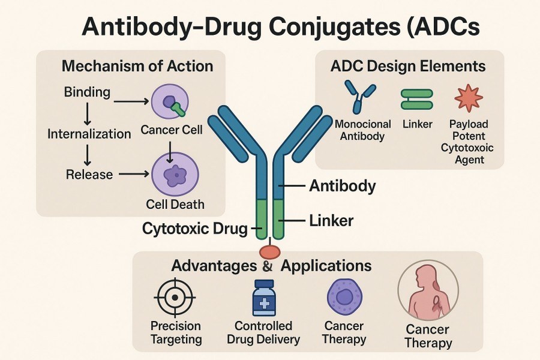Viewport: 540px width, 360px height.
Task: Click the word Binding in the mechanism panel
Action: click(87, 92)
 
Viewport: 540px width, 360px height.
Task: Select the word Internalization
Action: click(89, 133)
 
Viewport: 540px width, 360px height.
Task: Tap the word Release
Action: click(89, 174)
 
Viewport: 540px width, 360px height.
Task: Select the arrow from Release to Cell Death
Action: click(134, 175)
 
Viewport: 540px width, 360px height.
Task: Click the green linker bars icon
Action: click(416, 99)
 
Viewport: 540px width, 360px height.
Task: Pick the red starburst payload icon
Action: click(469, 99)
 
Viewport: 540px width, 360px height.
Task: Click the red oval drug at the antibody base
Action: click(269, 251)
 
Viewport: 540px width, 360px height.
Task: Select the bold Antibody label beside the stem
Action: click(342, 186)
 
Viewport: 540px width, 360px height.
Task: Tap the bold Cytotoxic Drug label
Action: click(195, 228)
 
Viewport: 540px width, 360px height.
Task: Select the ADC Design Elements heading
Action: click(408, 66)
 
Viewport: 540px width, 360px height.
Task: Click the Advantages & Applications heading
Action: click(272, 266)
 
